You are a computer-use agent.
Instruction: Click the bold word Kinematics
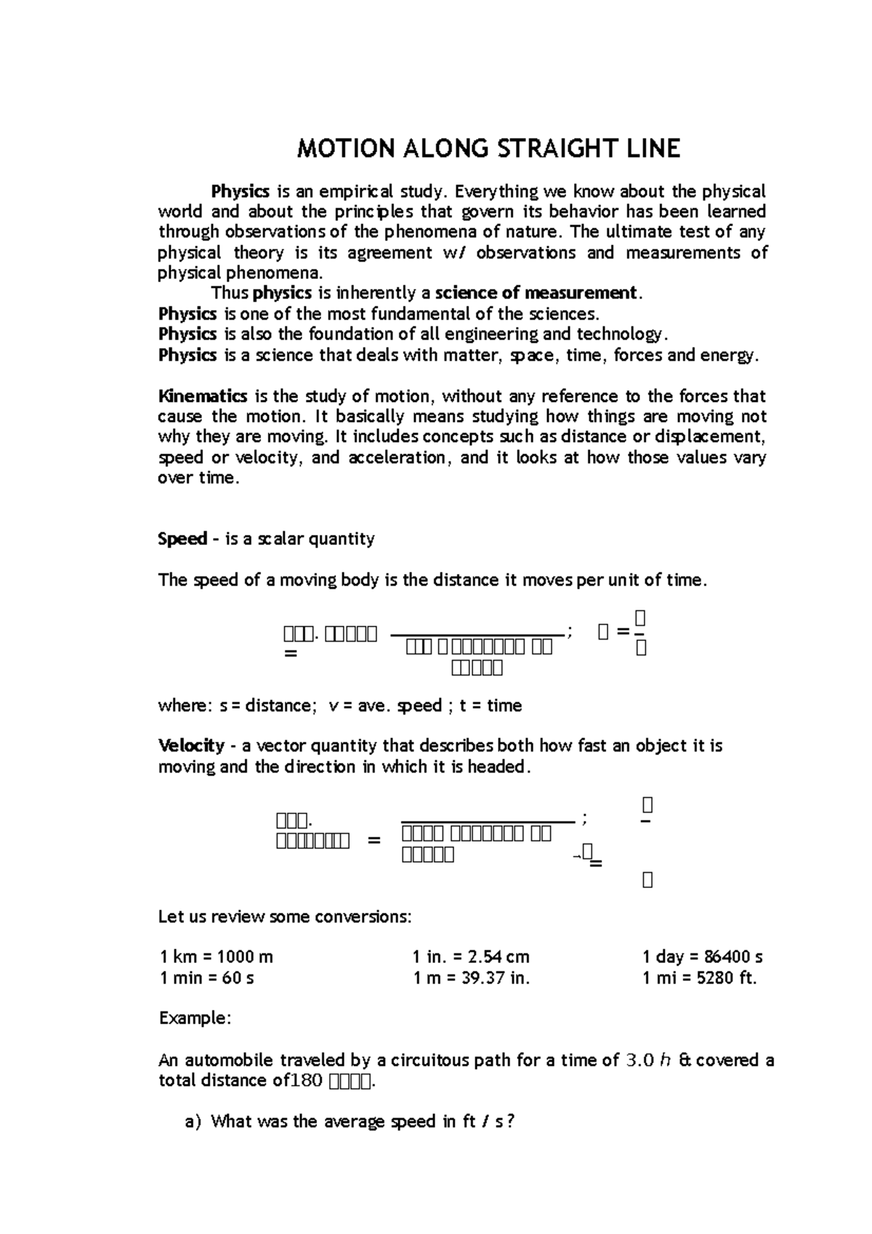(203, 396)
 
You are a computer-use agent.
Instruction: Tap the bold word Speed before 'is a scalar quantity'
(182, 539)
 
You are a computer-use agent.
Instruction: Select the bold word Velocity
(191, 746)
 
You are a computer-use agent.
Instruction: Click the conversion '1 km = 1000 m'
(217, 957)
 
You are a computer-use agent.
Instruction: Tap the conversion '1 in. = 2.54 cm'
(471, 957)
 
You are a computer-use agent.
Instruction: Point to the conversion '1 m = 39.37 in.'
(472, 977)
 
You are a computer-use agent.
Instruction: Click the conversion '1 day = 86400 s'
(702, 957)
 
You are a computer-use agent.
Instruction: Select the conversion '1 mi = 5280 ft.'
(700, 977)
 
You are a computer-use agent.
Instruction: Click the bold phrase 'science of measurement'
(536, 293)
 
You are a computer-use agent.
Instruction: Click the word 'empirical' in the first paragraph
(357, 192)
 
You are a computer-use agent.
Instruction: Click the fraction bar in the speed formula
(477, 636)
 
